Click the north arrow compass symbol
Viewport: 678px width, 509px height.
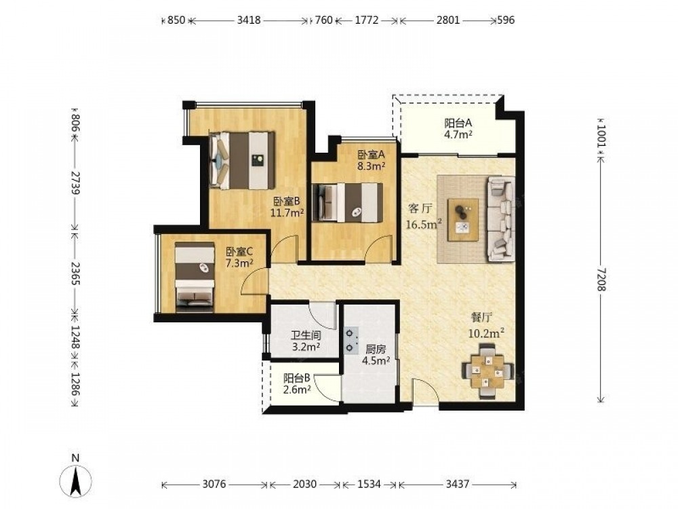[76, 480]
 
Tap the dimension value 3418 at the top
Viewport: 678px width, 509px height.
[249, 20]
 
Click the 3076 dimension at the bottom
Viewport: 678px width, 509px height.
[214, 484]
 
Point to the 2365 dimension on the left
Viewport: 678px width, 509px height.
[75, 273]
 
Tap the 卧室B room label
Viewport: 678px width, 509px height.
[286, 202]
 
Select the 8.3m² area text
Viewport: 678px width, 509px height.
[372, 166]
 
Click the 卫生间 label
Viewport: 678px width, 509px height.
[306, 335]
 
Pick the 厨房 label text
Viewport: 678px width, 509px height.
[376, 349]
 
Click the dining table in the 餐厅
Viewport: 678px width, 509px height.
[487, 371]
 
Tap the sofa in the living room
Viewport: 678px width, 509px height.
[501, 219]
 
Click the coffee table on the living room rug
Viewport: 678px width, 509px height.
[463, 220]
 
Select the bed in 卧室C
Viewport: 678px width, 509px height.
[195, 277]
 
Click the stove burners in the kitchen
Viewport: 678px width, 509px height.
[351, 340]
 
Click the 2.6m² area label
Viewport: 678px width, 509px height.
[297, 390]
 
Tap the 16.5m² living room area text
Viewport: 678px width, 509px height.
[424, 224]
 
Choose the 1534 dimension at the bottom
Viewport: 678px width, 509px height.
[369, 484]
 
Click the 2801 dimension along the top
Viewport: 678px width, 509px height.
[448, 20]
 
